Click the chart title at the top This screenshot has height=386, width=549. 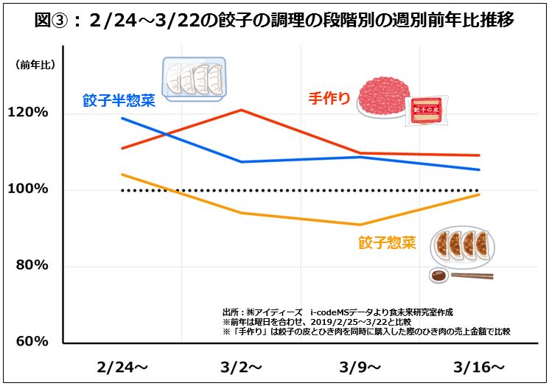coord(274,20)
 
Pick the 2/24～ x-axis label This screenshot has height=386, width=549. coord(122,367)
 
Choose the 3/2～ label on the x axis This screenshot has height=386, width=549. coord(242,367)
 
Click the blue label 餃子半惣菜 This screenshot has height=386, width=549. coord(119,101)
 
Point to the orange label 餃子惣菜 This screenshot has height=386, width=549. coord(387,242)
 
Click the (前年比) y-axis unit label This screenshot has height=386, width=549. coord(35,66)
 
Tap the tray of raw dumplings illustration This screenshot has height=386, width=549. coord(194,78)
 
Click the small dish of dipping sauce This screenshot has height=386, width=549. coord(439,276)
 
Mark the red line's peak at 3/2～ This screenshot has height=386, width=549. coord(242,110)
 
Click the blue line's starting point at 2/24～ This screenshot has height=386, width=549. coord(122,118)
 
